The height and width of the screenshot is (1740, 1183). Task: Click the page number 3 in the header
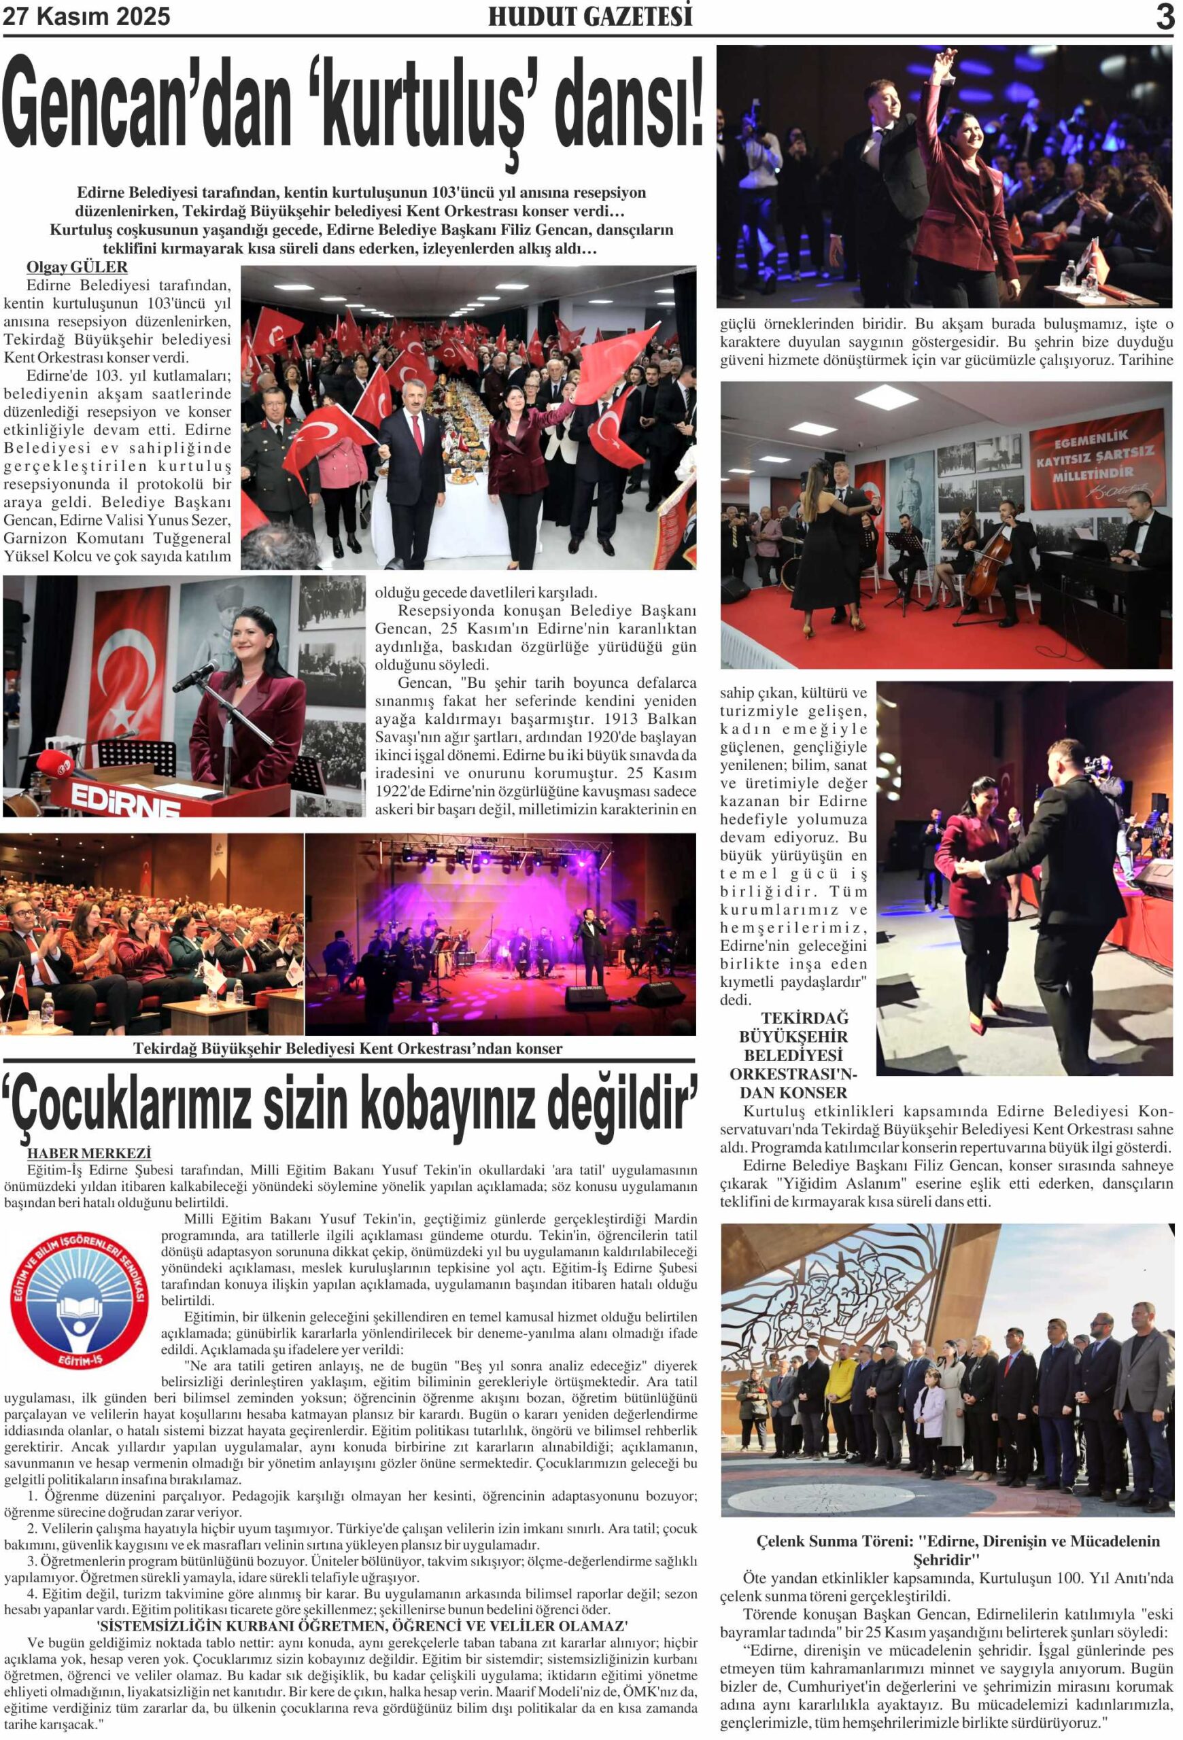[1164, 17]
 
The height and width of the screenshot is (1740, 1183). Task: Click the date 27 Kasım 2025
[87, 16]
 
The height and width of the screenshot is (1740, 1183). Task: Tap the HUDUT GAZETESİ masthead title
[590, 17]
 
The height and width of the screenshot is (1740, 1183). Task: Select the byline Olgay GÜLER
[76, 267]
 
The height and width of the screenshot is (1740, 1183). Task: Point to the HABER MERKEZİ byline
[89, 1153]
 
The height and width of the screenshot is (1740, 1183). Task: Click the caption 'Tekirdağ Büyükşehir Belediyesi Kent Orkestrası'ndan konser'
[347, 1048]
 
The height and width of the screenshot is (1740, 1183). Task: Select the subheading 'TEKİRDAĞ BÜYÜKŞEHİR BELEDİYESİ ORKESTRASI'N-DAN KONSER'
[793, 1055]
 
